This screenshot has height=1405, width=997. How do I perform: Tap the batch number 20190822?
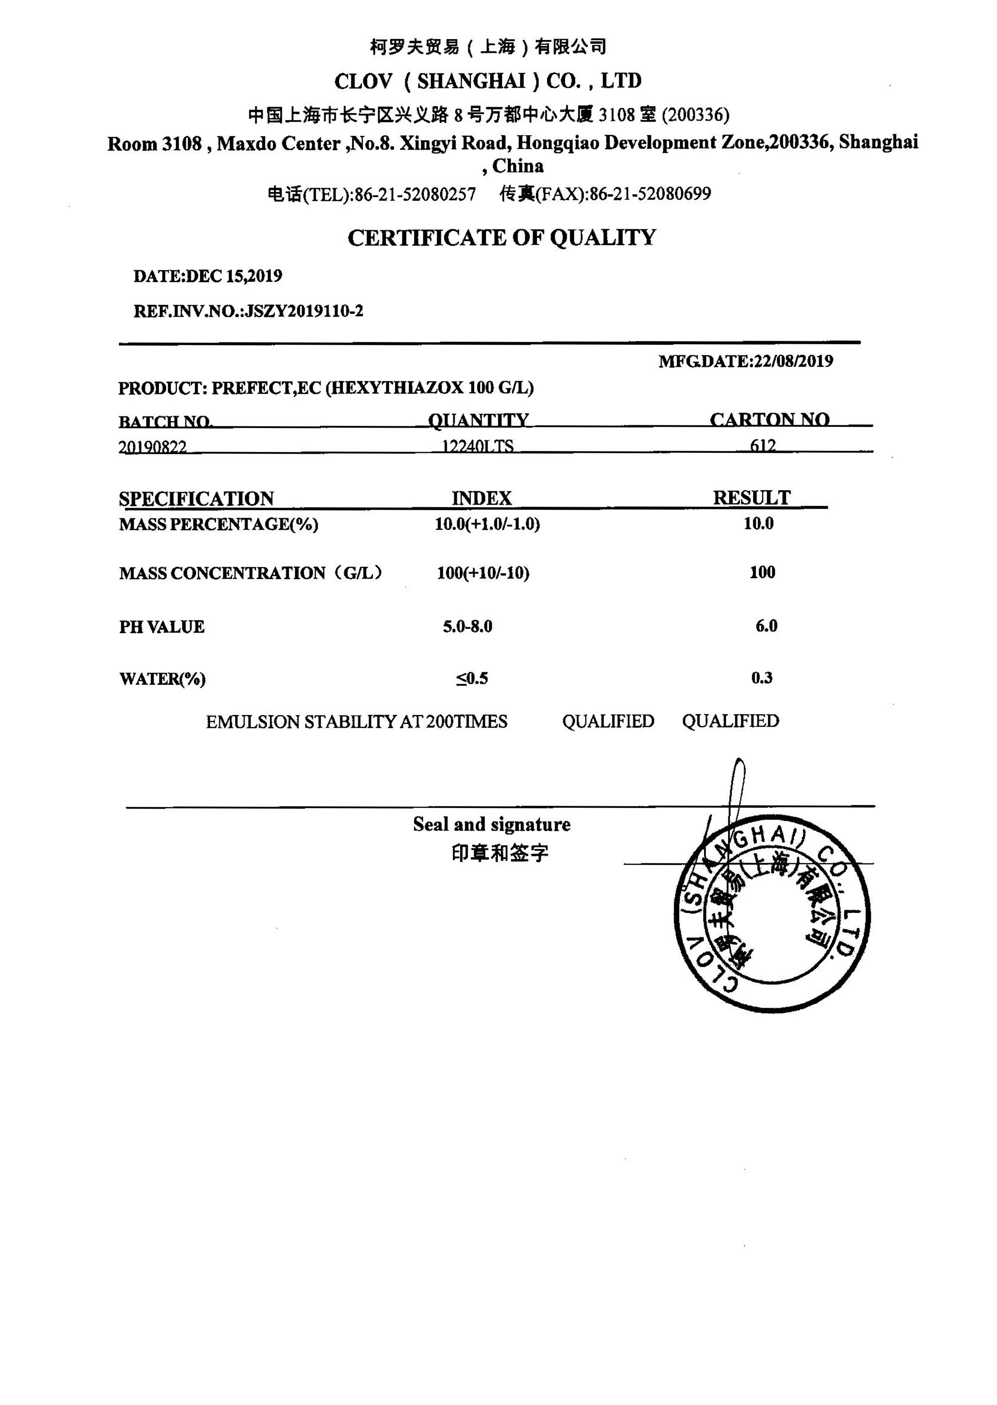(x=152, y=447)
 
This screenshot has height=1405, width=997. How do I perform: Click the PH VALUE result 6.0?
(x=766, y=626)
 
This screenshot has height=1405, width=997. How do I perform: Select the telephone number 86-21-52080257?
(x=415, y=194)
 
